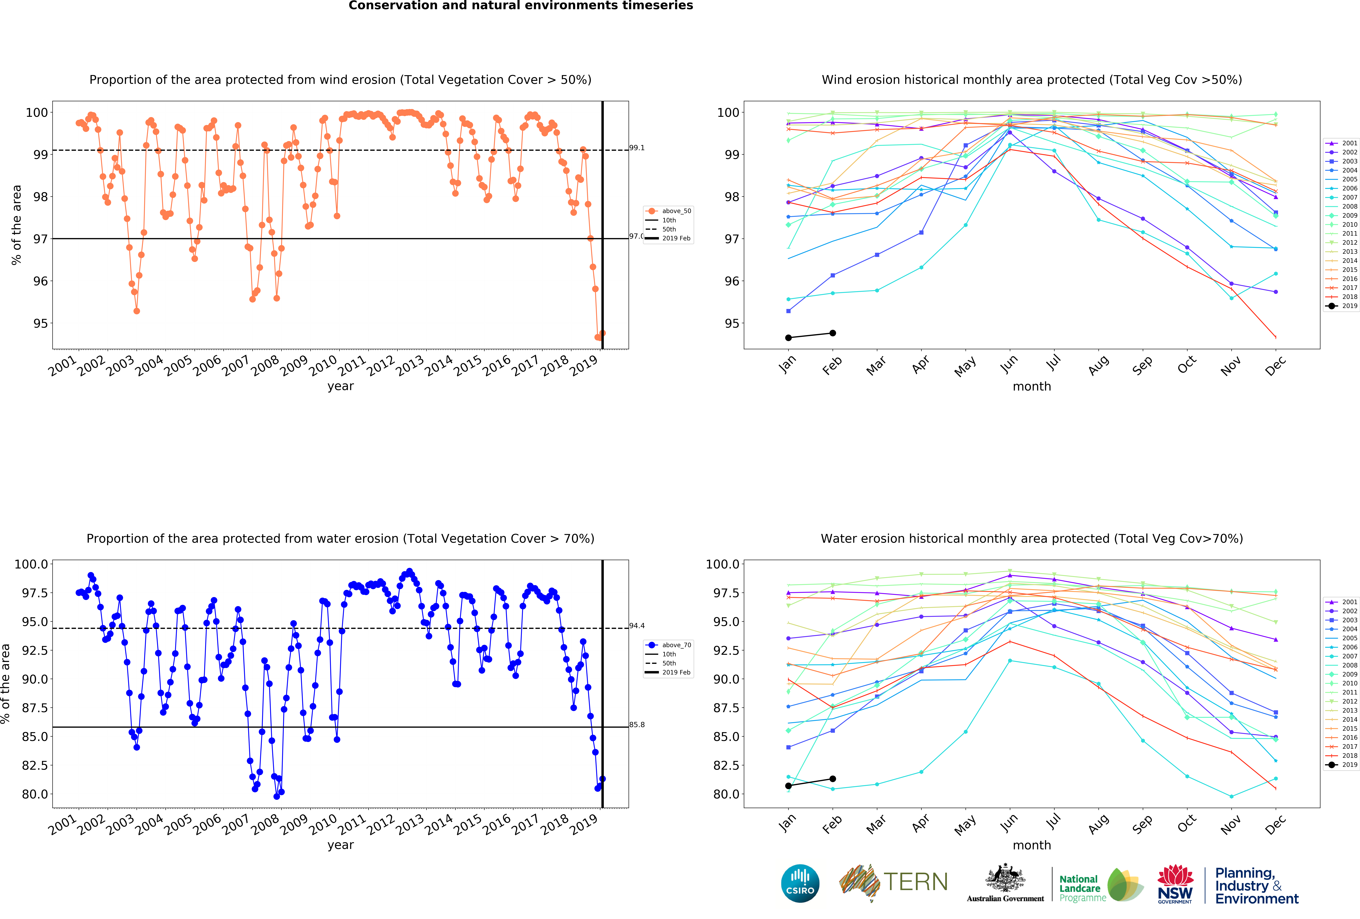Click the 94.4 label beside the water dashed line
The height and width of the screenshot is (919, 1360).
tap(637, 626)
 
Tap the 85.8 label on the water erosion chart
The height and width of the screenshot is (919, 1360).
tap(637, 725)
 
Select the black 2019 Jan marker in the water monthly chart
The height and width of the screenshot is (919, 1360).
tap(788, 786)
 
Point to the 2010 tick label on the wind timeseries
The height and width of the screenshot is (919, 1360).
tap(322, 366)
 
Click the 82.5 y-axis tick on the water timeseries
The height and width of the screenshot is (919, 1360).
tap(32, 765)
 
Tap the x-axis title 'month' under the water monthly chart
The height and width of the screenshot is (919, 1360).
tap(1032, 845)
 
